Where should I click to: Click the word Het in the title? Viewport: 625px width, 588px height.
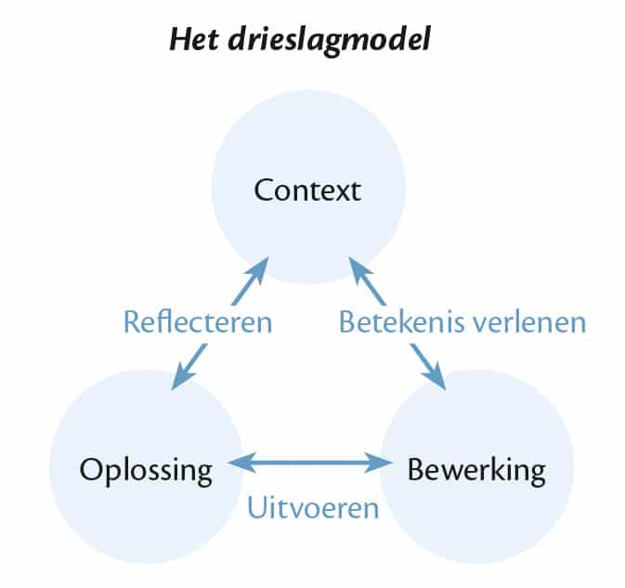coord(193,43)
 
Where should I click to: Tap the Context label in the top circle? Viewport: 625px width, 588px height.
coord(307,192)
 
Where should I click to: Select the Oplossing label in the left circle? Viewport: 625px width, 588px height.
coord(146,470)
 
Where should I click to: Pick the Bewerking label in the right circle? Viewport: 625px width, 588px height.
coord(477,469)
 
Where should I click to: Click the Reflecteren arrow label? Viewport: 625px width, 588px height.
coord(198,322)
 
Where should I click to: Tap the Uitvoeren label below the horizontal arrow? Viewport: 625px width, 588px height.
coord(313,508)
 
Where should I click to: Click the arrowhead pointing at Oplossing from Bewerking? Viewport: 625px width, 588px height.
coord(237,461)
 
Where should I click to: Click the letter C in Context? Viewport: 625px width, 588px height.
coord(265,192)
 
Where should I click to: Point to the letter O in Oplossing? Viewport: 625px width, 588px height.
coord(90,469)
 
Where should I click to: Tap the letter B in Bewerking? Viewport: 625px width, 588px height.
coord(417,469)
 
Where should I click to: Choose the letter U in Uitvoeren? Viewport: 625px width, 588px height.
coord(256,508)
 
